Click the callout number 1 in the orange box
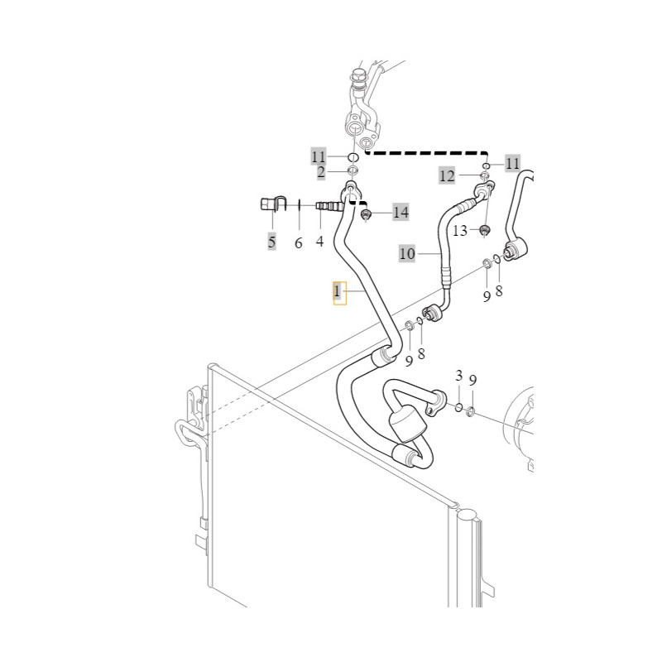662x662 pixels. (337, 291)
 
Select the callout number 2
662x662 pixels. (321, 172)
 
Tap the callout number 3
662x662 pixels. (459, 376)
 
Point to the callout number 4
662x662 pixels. (319, 242)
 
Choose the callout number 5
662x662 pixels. (271, 242)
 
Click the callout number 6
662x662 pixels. (299, 242)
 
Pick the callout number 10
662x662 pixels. (407, 254)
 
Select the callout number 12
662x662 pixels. (447, 175)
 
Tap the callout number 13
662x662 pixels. (460, 231)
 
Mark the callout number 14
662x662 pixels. (401, 212)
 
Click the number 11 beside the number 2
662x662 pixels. (319, 157)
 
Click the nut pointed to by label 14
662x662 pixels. (366, 215)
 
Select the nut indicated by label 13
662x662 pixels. (485, 230)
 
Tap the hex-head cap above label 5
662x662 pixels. (267, 205)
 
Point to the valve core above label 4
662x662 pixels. (329, 205)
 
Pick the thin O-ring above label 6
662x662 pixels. (299, 205)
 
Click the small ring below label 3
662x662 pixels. (458, 407)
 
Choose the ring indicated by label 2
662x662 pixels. (353, 171)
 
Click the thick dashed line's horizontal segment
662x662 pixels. (426, 153)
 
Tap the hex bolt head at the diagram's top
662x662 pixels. (357, 77)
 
